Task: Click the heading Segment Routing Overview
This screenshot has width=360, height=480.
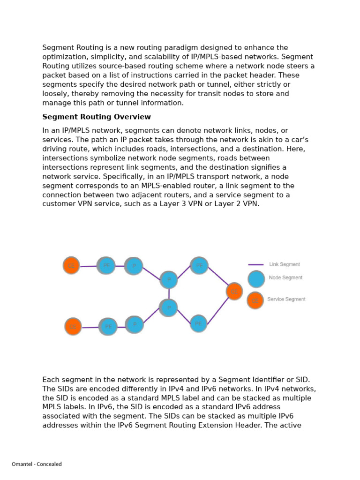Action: tap(97, 117)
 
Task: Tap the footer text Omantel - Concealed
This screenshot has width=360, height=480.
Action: tap(37, 464)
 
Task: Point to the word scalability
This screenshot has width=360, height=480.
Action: tap(180, 57)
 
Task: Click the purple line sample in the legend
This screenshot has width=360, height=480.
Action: tap(255, 265)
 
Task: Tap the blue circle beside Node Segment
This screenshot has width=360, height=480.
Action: tap(256, 279)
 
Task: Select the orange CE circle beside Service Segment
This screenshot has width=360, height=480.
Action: tap(255, 300)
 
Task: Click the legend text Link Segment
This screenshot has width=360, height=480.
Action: tap(285, 264)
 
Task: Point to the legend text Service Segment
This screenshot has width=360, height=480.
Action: tap(286, 299)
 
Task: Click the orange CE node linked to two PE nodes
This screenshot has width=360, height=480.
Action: tap(234, 291)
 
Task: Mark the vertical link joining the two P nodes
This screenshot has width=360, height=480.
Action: tap(169, 293)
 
